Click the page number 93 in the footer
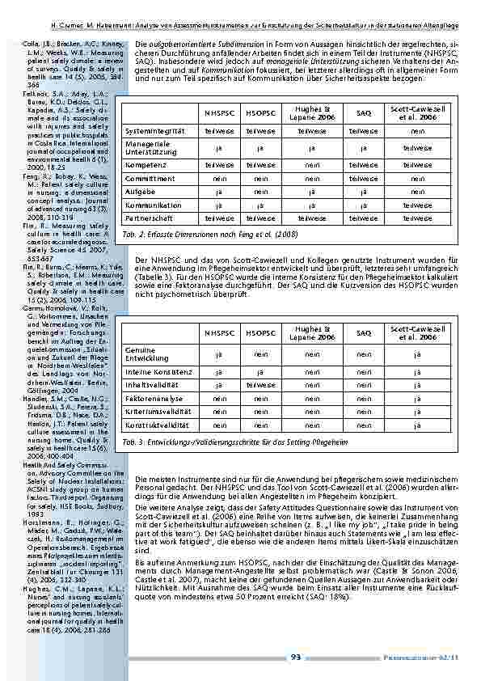[296, 657]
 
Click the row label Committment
[150, 178]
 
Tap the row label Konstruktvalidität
[158, 426]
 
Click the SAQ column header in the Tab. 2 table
[364, 112]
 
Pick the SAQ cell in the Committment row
[364, 178]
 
